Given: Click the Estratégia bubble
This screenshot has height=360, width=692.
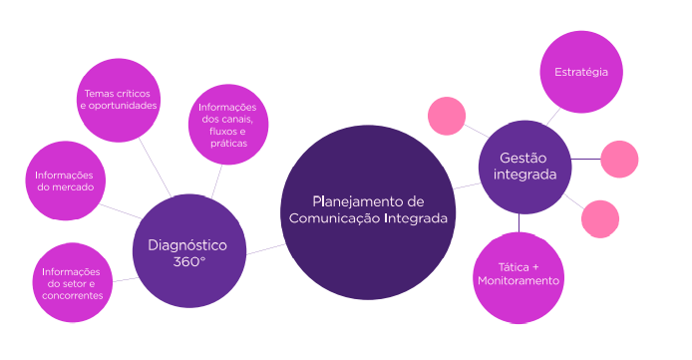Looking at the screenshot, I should point(581,72).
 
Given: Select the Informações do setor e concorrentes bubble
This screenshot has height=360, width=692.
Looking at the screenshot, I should point(72,283).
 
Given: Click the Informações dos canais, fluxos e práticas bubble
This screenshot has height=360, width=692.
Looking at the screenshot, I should point(227,125).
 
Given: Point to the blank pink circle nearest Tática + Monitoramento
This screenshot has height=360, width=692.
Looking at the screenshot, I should point(599,219).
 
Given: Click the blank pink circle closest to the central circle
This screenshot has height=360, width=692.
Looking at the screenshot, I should point(447,117).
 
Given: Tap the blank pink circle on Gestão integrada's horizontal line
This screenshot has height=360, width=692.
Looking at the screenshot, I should point(619,160).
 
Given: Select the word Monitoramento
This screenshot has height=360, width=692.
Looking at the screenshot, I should point(518,282).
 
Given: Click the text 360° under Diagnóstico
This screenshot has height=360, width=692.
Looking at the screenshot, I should point(189,261).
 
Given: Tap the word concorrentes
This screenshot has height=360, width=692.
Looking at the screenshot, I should point(72,295).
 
